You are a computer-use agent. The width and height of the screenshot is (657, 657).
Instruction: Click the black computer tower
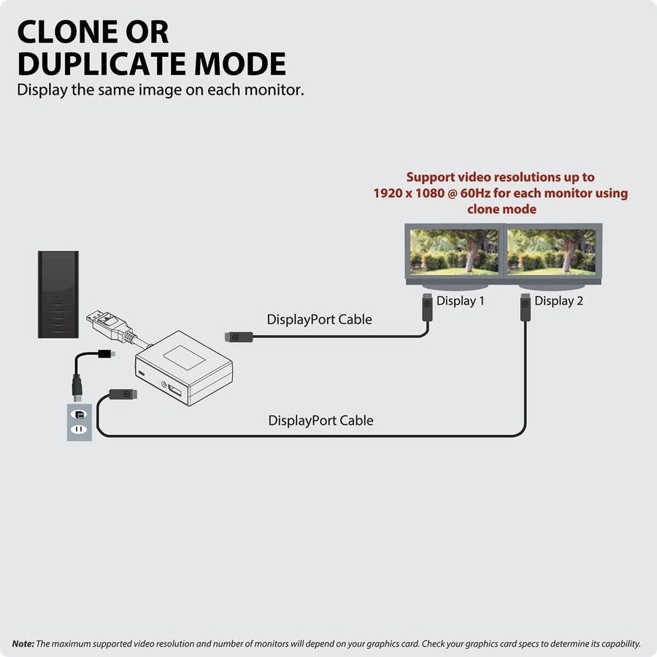(x=58, y=294)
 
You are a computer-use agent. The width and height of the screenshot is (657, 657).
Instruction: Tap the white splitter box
(x=183, y=368)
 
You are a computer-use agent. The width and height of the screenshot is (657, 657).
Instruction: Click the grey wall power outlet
(x=80, y=422)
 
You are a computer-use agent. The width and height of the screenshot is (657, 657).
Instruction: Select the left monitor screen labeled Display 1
(x=454, y=253)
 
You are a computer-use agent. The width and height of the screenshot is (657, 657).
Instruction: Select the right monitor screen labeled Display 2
(x=553, y=253)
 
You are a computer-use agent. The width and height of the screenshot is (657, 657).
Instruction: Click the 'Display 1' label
(x=460, y=301)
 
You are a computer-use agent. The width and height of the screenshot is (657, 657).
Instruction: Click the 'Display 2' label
(x=558, y=301)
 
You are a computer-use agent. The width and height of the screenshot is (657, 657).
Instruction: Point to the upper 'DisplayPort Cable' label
(x=319, y=319)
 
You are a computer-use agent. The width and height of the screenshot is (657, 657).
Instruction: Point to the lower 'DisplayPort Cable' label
(x=320, y=420)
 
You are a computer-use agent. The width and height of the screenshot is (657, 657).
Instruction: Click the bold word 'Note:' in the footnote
(x=23, y=643)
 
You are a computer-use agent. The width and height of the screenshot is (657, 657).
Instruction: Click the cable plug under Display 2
(x=525, y=307)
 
